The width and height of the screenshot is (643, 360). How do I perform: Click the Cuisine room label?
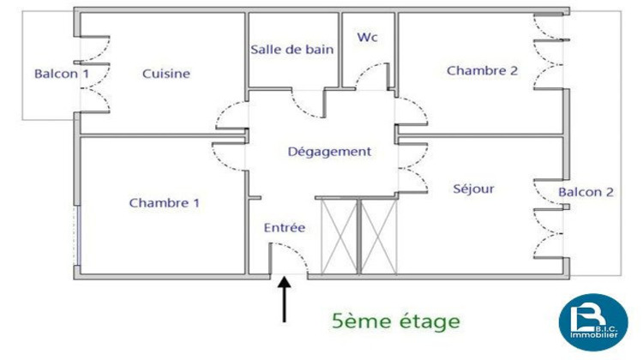(166, 74)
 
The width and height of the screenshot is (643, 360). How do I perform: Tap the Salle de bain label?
(291, 49)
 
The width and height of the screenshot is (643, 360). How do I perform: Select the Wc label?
(368, 38)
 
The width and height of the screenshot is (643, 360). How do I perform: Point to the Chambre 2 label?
(482, 70)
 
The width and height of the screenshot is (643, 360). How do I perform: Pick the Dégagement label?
(329, 152)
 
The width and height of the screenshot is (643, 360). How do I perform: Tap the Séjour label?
(473, 188)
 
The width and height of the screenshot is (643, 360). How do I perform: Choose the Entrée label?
(285, 227)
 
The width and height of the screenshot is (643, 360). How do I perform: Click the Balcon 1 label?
(61, 74)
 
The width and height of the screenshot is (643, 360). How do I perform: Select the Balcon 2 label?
(586, 192)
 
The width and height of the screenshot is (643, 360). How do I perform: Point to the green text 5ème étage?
(396, 321)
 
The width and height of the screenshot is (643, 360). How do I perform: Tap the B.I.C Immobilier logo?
(592, 323)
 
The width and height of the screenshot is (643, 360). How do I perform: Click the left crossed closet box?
(338, 234)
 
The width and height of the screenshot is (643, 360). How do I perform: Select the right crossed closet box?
(379, 234)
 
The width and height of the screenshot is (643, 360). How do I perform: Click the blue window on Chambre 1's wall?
(76, 235)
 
